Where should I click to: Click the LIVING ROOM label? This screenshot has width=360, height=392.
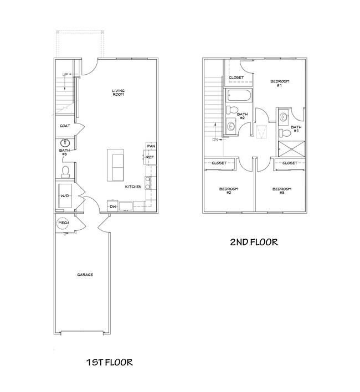(117, 92)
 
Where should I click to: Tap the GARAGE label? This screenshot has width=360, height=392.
(85, 275)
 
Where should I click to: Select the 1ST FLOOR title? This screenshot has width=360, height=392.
(109, 363)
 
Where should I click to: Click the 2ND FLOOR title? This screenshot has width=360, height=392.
(254, 242)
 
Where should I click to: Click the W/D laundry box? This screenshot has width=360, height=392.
(65, 196)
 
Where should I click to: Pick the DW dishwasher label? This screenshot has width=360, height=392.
(112, 207)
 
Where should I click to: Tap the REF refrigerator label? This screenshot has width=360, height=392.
(150, 158)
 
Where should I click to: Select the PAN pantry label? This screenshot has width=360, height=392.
(150, 146)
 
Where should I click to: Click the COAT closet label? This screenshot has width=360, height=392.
(65, 126)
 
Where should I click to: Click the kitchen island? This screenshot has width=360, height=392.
(116, 164)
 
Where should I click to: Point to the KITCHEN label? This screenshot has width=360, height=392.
(133, 187)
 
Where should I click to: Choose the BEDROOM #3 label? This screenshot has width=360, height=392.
(281, 191)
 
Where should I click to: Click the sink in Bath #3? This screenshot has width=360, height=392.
(64, 142)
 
